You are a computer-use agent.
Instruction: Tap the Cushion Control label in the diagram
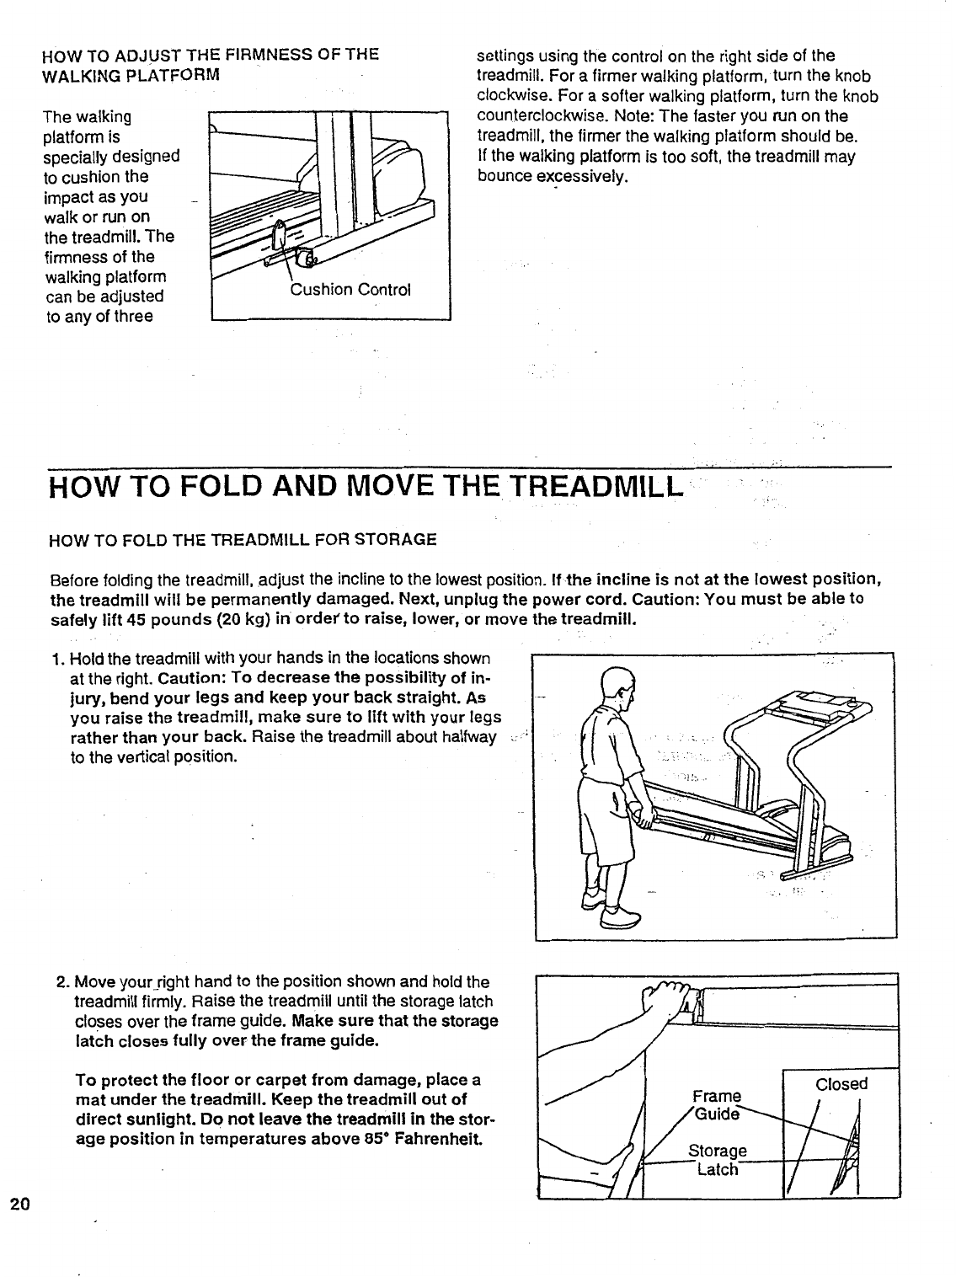coord(350,291)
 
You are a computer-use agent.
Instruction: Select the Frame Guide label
coord(717,1104)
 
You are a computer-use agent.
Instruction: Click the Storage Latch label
coord(717,1160)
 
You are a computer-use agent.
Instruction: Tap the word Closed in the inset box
coord(841,1084)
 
